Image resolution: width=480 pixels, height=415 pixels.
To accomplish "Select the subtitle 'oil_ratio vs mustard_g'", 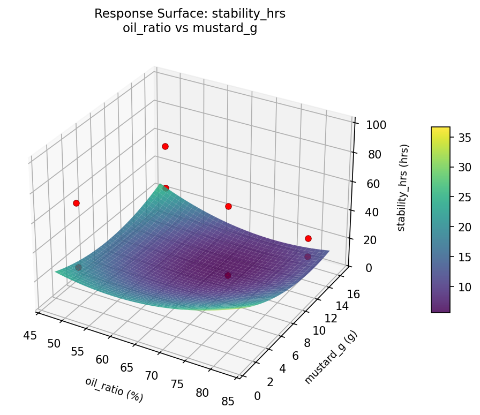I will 190,29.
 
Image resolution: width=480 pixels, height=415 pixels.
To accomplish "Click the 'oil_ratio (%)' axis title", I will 114,389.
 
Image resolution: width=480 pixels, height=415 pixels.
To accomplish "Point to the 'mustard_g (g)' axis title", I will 331,357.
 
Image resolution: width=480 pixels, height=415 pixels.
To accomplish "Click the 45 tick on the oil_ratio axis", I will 30,335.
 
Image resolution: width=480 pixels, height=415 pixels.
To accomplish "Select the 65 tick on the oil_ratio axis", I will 127,368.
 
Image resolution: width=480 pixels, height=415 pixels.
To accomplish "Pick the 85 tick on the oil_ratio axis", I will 228,402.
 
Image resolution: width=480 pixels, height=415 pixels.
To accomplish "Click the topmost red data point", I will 165,146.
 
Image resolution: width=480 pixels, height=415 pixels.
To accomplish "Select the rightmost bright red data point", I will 308,238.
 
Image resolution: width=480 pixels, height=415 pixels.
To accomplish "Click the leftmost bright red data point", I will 76,203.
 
